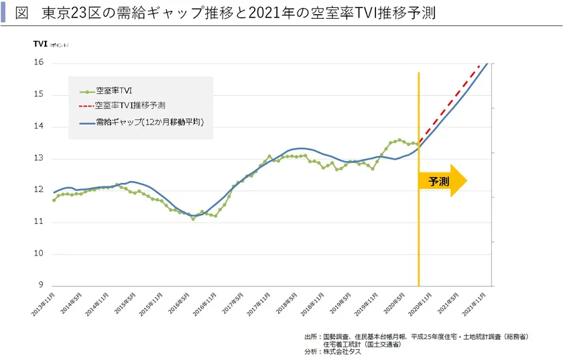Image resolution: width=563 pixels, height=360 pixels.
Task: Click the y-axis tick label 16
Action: [x=39, y=62]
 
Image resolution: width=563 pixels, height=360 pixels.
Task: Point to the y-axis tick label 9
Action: [x=41, y=286]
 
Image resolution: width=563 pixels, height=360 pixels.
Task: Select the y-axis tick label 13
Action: [x=39, y=158]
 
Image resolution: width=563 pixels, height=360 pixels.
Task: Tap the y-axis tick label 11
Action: [x=39, y=222]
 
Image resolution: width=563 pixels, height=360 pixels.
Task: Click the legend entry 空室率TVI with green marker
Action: [x=113, y=91]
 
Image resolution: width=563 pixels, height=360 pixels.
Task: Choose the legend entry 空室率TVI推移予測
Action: [x=130, y=105]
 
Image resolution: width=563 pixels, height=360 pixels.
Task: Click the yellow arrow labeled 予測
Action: [x=441, y=181]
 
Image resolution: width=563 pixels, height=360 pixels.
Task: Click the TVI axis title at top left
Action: [x=40, y=44]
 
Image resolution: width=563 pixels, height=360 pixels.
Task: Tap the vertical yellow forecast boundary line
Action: [x=419, y=235]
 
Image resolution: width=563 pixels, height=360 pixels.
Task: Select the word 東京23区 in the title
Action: [x=66, y=13]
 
